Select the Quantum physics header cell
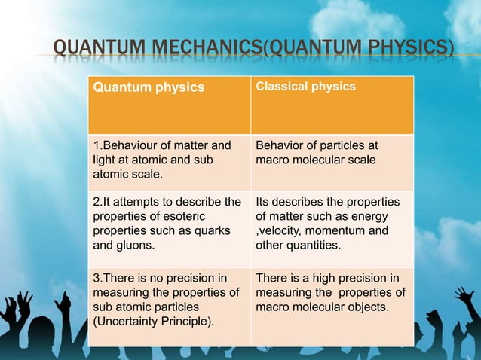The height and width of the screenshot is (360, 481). click(x=149, y=87)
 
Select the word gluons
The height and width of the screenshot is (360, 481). click(x=136, y=245)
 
